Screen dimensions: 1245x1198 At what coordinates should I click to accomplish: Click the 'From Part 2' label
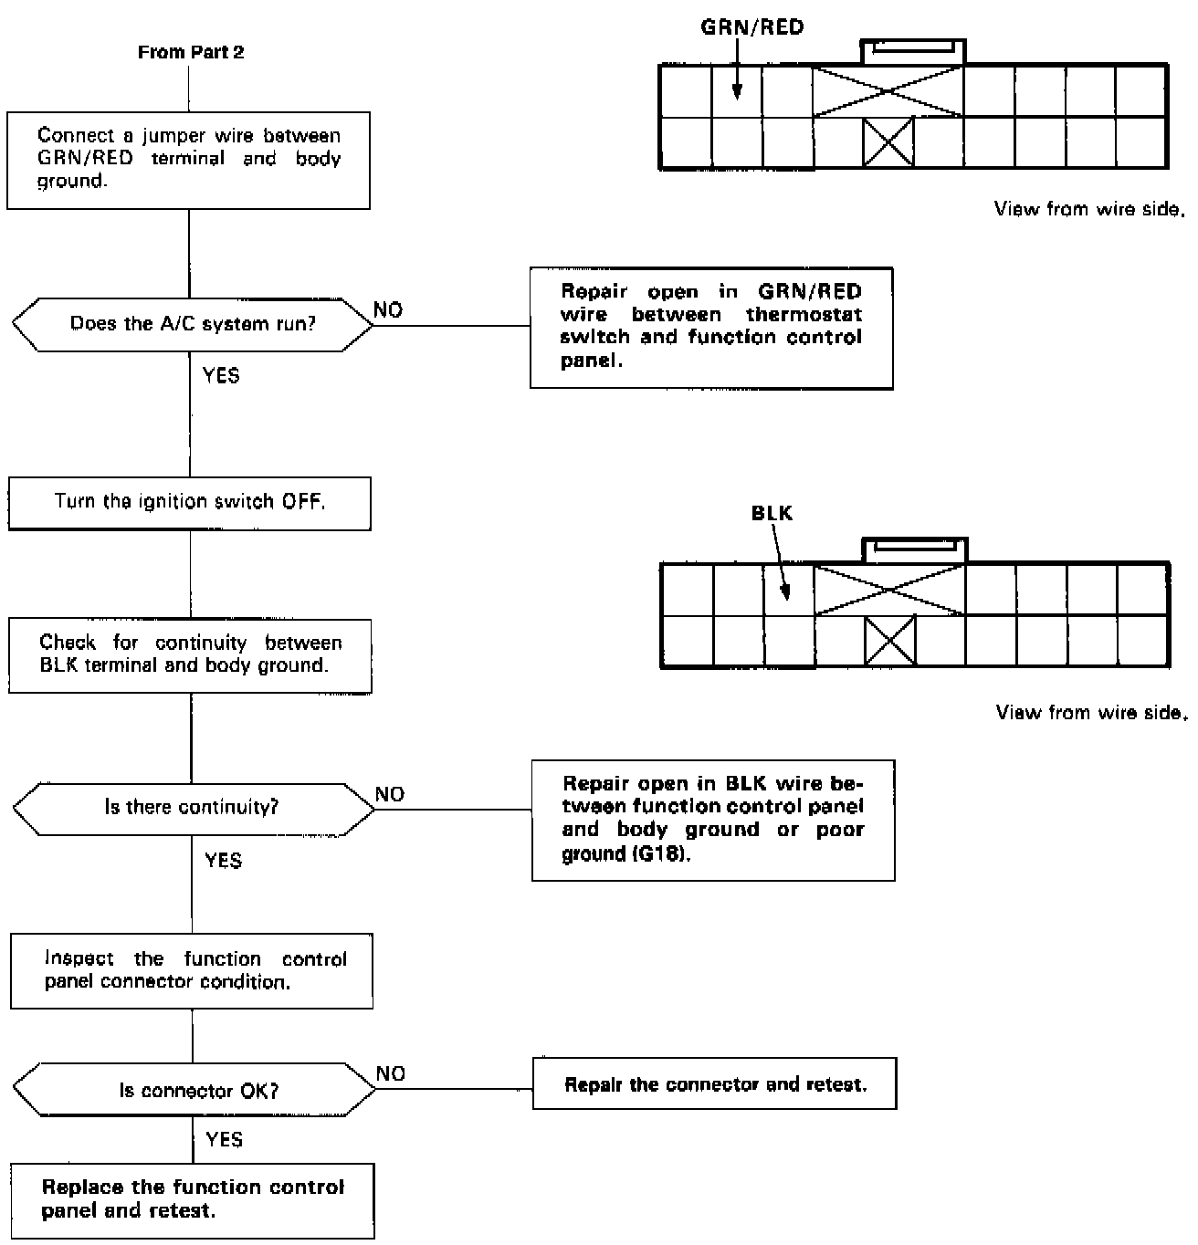point(191,52)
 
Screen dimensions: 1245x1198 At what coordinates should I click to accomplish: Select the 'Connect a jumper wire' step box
point(189,160)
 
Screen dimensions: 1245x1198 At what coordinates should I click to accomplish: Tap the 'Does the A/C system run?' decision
point(193,323)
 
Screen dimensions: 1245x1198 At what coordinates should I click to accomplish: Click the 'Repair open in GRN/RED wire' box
point(711,328)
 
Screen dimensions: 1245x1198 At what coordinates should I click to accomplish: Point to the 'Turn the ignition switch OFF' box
point(190,502)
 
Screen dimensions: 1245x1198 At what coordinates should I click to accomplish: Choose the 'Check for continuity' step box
point(190,655)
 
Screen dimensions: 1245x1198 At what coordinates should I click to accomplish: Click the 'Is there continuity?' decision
point(193,808)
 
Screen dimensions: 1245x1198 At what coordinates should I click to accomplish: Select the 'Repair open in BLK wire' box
point(713,820)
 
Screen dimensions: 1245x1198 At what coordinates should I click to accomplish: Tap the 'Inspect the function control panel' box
point(192,970)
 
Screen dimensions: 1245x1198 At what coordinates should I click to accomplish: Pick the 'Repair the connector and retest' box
point(715,1084)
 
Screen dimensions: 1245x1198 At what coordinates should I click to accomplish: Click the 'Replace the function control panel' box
point(193,1200)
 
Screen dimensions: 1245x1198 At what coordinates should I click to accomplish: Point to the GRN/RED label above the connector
point(752,27)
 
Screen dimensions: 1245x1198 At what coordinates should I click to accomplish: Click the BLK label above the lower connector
point(772,513)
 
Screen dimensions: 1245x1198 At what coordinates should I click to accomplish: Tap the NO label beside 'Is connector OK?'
point(391,1073)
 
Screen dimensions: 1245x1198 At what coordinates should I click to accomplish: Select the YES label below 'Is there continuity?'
point(223,861)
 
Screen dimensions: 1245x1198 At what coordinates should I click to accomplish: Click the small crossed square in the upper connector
point(888,143)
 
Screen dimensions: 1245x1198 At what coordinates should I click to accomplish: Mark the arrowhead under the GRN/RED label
point(736,92)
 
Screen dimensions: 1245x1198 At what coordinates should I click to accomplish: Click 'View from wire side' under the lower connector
point(1092,712)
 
